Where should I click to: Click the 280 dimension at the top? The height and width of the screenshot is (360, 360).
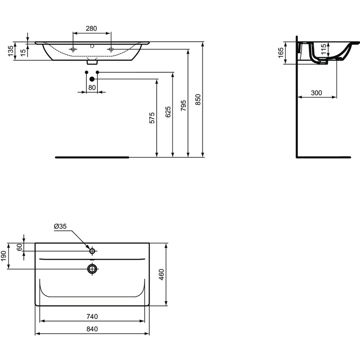click(91, 29)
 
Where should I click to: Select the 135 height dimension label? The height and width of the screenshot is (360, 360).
click(10, 51)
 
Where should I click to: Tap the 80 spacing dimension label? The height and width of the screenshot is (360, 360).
click(92, 88)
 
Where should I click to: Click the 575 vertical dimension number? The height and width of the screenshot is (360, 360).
click(152, 117)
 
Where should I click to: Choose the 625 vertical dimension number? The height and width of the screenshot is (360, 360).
click(168, 112)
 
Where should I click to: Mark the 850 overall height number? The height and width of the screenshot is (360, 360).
click(198, 100)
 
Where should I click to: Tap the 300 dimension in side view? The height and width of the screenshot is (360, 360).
click(316, 93)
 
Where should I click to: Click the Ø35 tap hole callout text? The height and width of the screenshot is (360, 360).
click(61, 227)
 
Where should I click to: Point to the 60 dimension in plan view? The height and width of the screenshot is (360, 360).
click(19, 247)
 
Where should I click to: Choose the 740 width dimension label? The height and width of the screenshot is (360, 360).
click(92, 316)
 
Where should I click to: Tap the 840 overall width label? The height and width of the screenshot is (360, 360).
click(92, 329)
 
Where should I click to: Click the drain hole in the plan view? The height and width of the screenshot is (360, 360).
click(92, 268)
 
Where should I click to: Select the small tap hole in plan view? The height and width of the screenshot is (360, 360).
click(92, 251)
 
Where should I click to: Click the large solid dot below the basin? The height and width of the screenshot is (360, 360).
click(91, 78)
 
